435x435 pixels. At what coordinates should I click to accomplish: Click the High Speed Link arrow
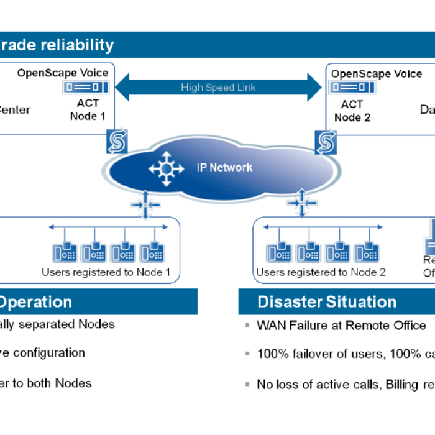(218, 87)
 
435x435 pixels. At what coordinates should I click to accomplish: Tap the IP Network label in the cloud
(224, 167)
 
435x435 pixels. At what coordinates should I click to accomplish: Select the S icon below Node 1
(117, 142)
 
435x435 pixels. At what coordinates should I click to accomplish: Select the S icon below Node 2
(325, 142)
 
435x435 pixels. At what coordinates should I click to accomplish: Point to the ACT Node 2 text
(352, 111)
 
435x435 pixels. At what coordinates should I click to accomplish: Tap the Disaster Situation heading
(327, 302)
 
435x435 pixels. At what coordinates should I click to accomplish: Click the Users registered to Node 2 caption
(321, 272)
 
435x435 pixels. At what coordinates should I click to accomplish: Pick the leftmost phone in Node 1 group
(66, 252)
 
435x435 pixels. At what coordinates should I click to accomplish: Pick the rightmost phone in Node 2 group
(367, 252)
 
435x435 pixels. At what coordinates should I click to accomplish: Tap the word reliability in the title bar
(78, 45)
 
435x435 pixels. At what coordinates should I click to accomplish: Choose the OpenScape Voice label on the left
(63, 73)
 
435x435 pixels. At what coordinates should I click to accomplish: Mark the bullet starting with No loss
(346, 384)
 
